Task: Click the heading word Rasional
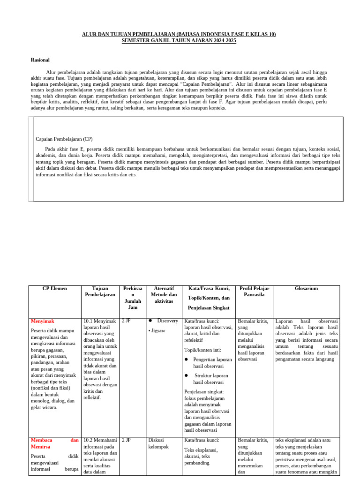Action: (40, 60)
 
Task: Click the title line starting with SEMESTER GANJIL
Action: (179, 41)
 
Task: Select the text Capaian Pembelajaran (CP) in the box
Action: (62, 139)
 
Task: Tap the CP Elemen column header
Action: (54, 289)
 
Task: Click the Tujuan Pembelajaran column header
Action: (100, 292)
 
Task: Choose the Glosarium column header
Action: (307, 289)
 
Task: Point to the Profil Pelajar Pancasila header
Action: (254, 292)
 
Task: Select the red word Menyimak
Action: (43, 321)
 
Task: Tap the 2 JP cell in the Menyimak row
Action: (126, 321)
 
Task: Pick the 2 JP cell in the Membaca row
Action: (126, 440)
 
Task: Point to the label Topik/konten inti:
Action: (202, 350)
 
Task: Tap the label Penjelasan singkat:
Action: (204, 391)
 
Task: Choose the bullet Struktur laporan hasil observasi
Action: (211, 379)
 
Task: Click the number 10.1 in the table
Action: (88, 321)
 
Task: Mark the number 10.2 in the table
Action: (88, 440)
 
